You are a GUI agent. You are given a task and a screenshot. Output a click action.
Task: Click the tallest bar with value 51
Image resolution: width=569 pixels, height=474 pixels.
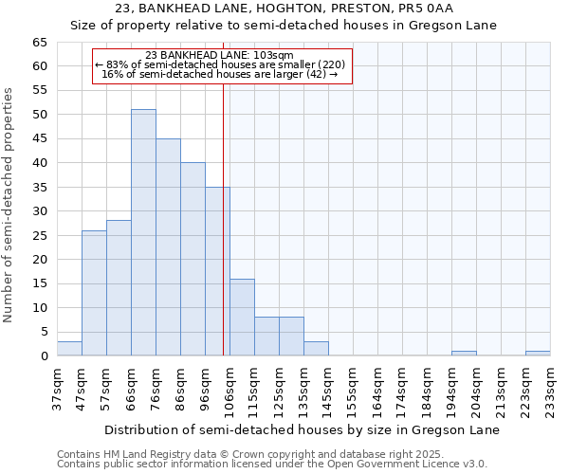(x=143, y=232)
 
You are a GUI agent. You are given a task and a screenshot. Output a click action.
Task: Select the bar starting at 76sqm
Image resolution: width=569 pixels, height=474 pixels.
(x=168, y=246)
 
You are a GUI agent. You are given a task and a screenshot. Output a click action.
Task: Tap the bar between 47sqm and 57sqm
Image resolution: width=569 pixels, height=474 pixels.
(x=94, y=293)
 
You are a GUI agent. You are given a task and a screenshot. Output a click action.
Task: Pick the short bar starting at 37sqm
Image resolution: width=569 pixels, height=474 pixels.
(x=69, y=348)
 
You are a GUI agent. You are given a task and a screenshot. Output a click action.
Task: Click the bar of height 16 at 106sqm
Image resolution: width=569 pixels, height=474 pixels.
(x=242, y=317)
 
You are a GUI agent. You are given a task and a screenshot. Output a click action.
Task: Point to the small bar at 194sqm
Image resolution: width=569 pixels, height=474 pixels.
(x=464, y=353)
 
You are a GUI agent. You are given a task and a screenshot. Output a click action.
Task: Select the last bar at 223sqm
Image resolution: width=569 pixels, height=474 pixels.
(x=538, y=353)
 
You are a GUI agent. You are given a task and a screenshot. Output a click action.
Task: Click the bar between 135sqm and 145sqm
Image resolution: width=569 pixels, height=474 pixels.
(x=316, y=348)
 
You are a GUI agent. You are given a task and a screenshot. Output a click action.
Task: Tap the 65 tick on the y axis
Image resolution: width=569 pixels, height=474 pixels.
(x=39, y=43)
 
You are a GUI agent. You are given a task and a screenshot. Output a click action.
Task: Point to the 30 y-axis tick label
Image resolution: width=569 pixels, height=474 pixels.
(x=39, y=211)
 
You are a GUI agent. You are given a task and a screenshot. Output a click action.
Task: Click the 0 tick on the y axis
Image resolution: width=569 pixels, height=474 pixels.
(x=44, y=356)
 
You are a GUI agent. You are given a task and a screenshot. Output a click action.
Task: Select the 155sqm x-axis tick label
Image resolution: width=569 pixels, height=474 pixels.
(x=353, y=389)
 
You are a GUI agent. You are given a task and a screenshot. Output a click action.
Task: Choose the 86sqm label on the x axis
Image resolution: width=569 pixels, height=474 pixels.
(x=180, y=389)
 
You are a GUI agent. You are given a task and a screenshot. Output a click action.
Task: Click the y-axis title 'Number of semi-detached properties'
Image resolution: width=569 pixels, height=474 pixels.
(x=9, y=205)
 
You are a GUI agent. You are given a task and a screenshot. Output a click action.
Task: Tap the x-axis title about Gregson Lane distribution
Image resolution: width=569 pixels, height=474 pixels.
(x=302, y=429)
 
